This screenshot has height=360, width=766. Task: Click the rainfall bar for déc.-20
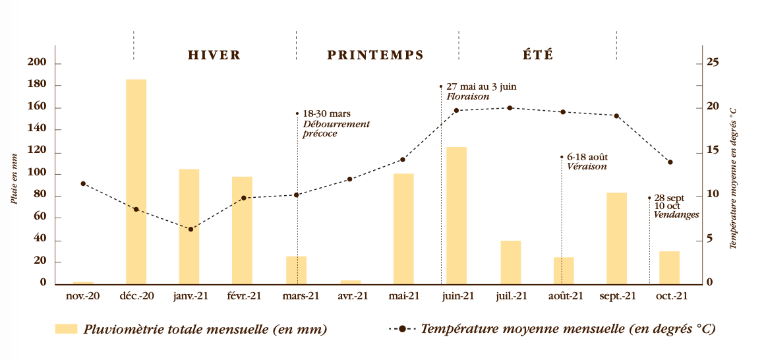point(136,181)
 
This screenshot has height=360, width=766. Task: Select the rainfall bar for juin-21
point(456,215)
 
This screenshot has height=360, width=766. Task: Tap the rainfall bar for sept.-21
point(616,238)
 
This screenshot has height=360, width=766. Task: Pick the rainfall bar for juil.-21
point(510,262)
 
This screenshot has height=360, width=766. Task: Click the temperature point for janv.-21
point(191,229)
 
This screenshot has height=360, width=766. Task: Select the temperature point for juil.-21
point(510,108)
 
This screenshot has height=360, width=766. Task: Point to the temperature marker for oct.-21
point(670,162)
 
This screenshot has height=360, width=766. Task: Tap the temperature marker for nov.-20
point(83,184)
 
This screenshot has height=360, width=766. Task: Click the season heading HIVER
point(214,55)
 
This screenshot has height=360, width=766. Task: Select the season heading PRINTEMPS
point(376,55)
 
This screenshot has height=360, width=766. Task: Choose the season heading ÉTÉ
point(538,55)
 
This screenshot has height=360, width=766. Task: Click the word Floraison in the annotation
point(467,96)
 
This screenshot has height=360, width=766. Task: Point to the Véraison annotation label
point(587,167)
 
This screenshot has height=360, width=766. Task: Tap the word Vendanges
point(676,215)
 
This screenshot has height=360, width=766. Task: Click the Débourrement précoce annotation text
point(336,129)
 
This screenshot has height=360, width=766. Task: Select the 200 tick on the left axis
point(37,63)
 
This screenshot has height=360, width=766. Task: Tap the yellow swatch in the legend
point(66,328)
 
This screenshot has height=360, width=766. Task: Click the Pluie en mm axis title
point(14,178)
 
